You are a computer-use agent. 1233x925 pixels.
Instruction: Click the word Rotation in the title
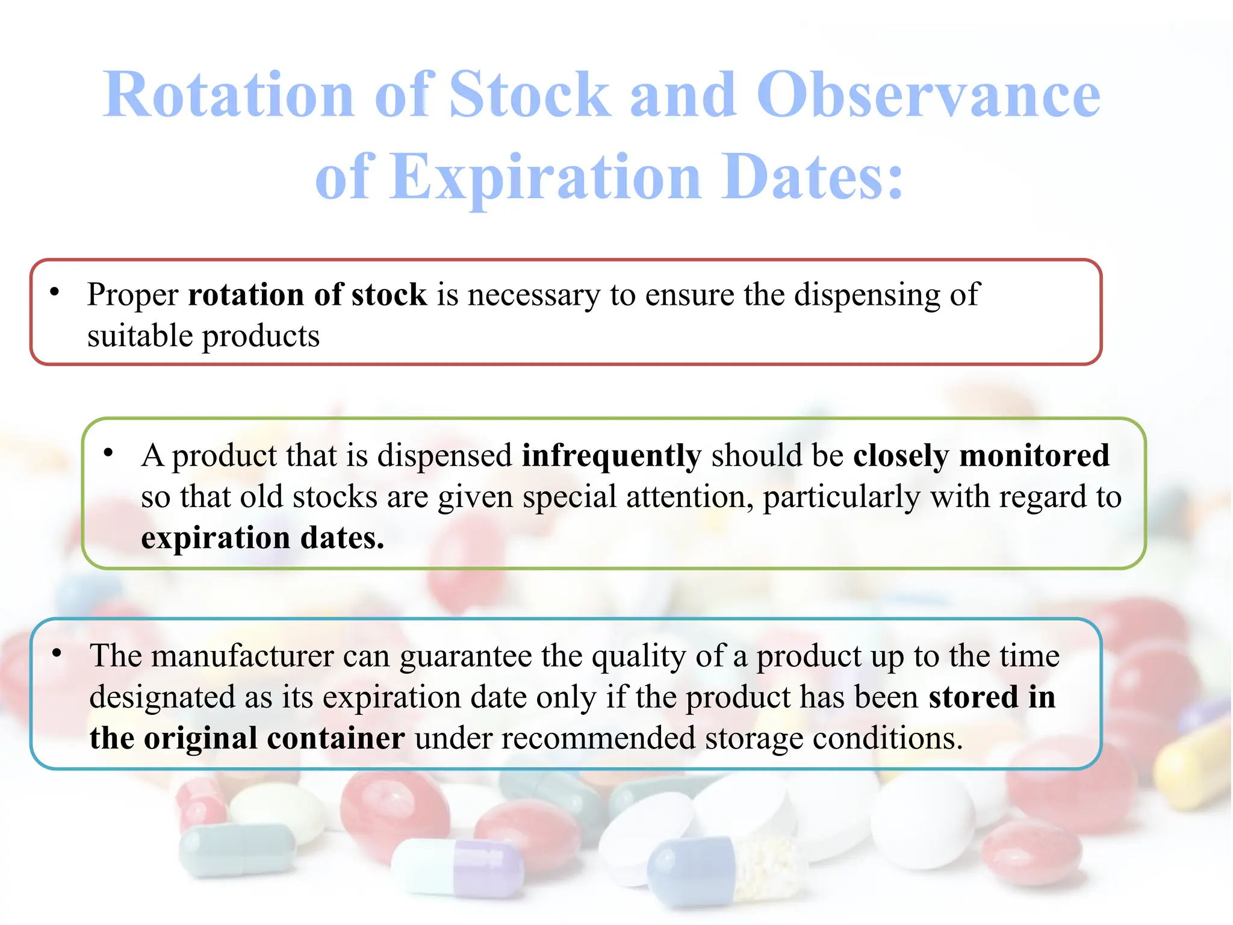point(229,95)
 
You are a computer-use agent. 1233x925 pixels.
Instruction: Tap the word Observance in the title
point(928,95)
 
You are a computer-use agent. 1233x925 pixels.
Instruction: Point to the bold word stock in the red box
point(389,295)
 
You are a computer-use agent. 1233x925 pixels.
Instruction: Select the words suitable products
point(203,337)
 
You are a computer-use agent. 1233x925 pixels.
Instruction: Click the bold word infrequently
point(611,456)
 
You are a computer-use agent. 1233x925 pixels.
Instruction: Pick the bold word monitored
point(1034,456)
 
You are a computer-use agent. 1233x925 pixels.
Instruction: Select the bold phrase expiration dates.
point(262,538)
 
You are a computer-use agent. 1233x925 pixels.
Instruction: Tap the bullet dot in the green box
point(108,453)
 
